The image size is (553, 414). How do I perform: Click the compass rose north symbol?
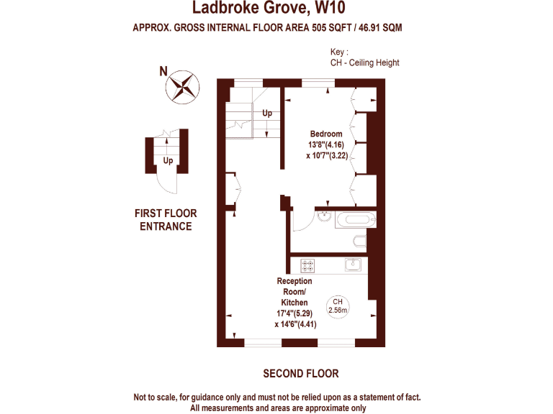tap(181, 87)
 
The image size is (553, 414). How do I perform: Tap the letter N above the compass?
tap(163, 70)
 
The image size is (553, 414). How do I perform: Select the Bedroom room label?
tap(326, 134)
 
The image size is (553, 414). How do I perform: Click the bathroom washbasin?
tap(324, 215)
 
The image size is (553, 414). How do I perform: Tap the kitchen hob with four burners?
tap(308, 264)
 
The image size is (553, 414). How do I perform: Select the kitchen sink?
tap(352, 264)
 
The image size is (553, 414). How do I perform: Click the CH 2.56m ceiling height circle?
tap(338, 305)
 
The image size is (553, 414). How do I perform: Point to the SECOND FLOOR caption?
tap(300, 374)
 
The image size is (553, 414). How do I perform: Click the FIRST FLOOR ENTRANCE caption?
tap(166, 220)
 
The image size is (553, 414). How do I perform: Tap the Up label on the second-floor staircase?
tap(267, 113)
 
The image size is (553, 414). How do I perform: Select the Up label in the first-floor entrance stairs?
tap(168, 160)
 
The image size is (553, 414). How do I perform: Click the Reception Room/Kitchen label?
tap(295, 292)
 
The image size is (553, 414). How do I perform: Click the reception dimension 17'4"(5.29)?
tap(295, 313)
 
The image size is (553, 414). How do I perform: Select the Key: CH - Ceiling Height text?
tap(364, 57)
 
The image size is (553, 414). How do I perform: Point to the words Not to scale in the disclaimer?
tap(158, 397)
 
